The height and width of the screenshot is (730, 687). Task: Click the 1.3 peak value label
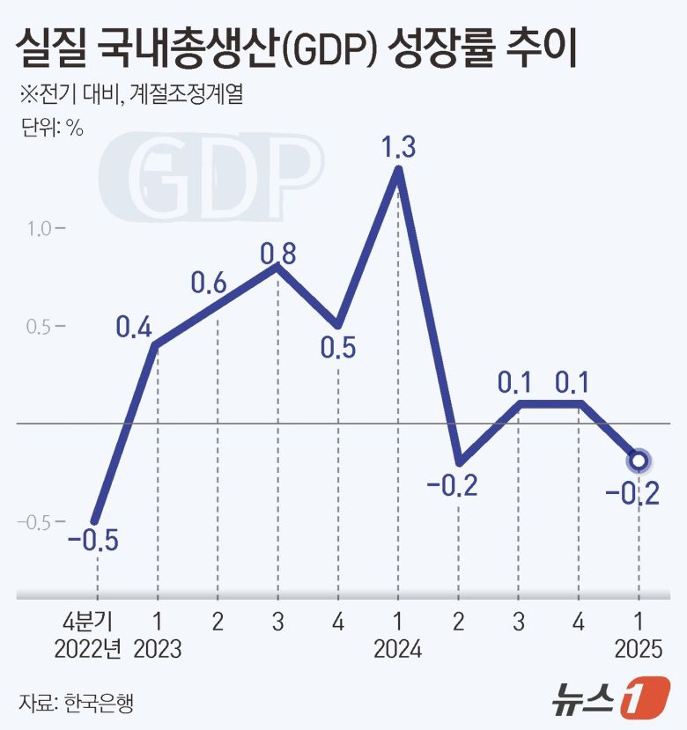398,147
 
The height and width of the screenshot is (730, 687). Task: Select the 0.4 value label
134,328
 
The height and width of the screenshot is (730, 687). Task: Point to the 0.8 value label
277,254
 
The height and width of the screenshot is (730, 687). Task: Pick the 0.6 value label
210,284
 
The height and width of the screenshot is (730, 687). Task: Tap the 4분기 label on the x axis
96,620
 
